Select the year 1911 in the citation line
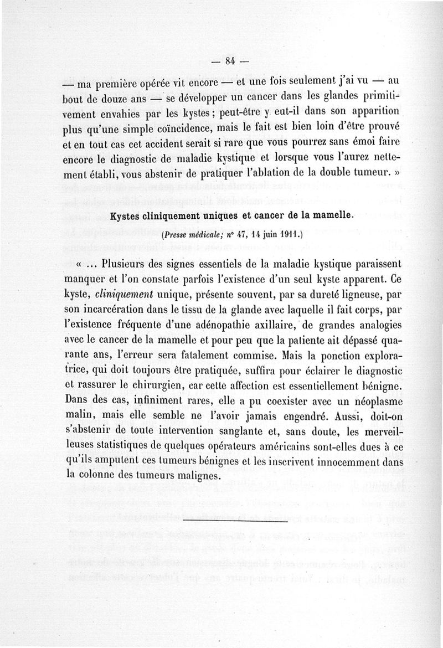[287, 234]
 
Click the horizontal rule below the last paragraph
[235, 521]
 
